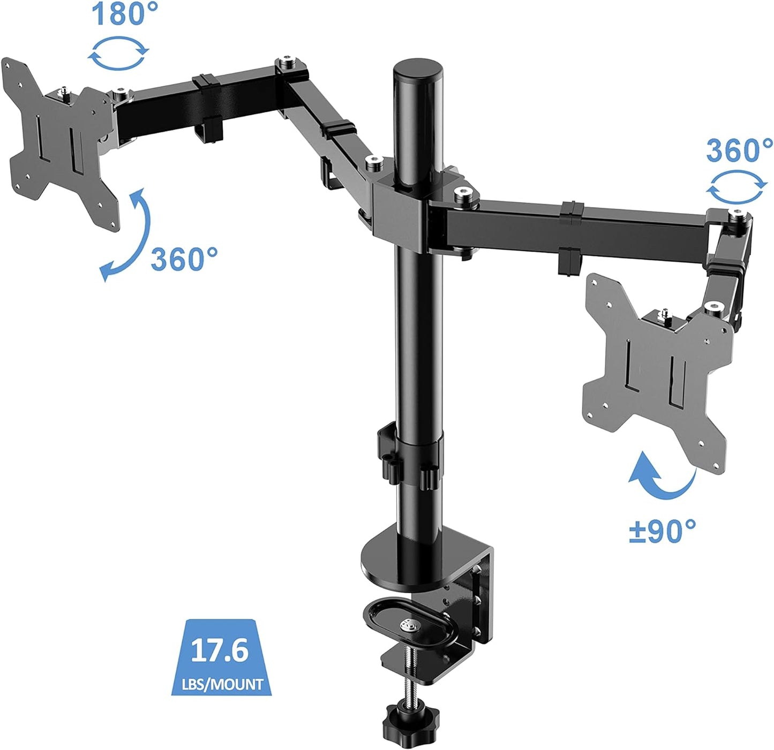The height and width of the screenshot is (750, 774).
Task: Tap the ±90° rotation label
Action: (662, 532)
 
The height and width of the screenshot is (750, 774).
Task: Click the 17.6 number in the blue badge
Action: (220, 649)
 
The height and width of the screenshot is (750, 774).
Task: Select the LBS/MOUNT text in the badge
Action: (222, 684)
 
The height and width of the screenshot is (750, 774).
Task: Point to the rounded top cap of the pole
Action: (418, 70)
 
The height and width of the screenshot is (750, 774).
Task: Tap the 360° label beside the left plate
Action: (184, 260)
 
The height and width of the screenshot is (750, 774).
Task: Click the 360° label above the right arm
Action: (739, 150)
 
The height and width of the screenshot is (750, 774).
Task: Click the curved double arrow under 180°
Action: (118, 54)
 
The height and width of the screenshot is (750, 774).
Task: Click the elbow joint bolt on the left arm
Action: (289, 65)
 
